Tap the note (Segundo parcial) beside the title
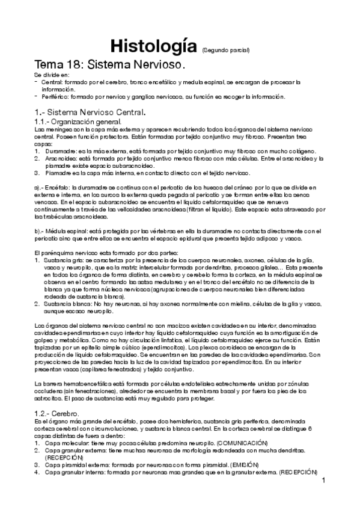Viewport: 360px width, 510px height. pyautogui.click(x=225, y=49)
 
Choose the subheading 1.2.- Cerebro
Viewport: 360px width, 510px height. pyautogui.click(x=63, y=414)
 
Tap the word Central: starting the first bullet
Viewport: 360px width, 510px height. pyautogui.click(x=55, y=81)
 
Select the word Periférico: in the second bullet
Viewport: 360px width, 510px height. pyautogui.click(x=59, y=96)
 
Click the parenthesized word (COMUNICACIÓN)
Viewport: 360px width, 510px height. pyautogui.click(x=229, y=443)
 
